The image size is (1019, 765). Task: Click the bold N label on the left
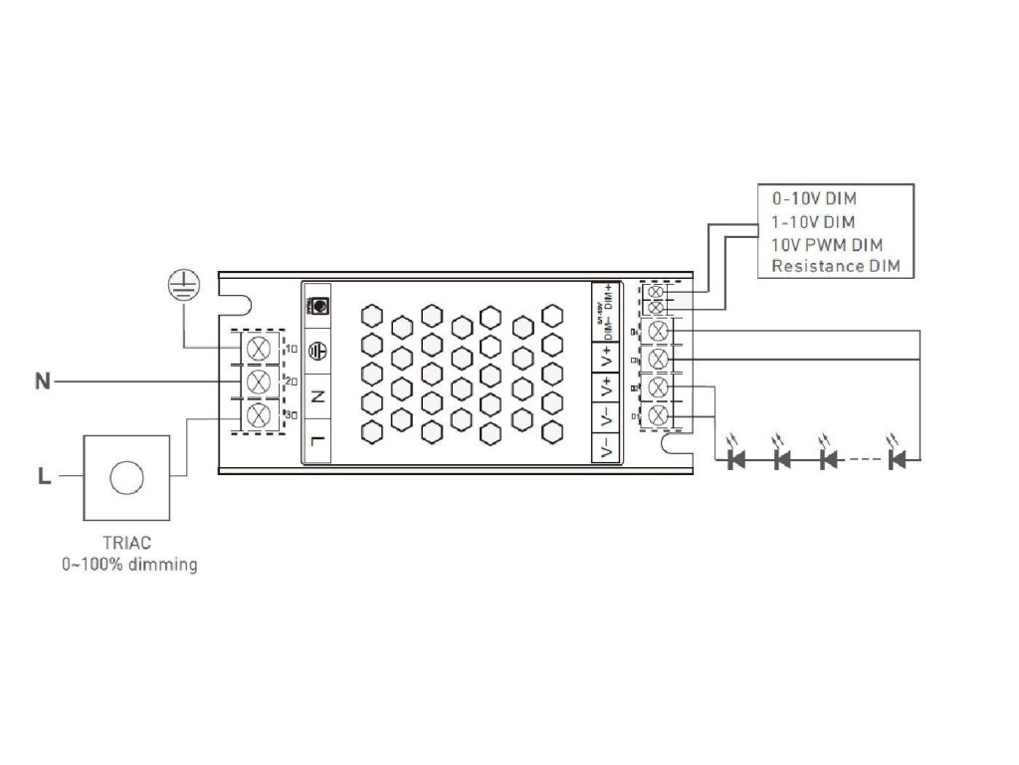[43, 381]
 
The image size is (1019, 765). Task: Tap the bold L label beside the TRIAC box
[43, 477]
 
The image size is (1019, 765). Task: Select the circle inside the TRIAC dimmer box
[126, 477]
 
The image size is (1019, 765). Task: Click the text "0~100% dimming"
[129, 565]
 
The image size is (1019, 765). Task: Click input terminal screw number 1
[259, 348]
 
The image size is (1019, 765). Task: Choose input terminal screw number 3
[259, 414]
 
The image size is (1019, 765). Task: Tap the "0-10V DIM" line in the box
[815, 198]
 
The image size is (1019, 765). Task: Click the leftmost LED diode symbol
[737, 459]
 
